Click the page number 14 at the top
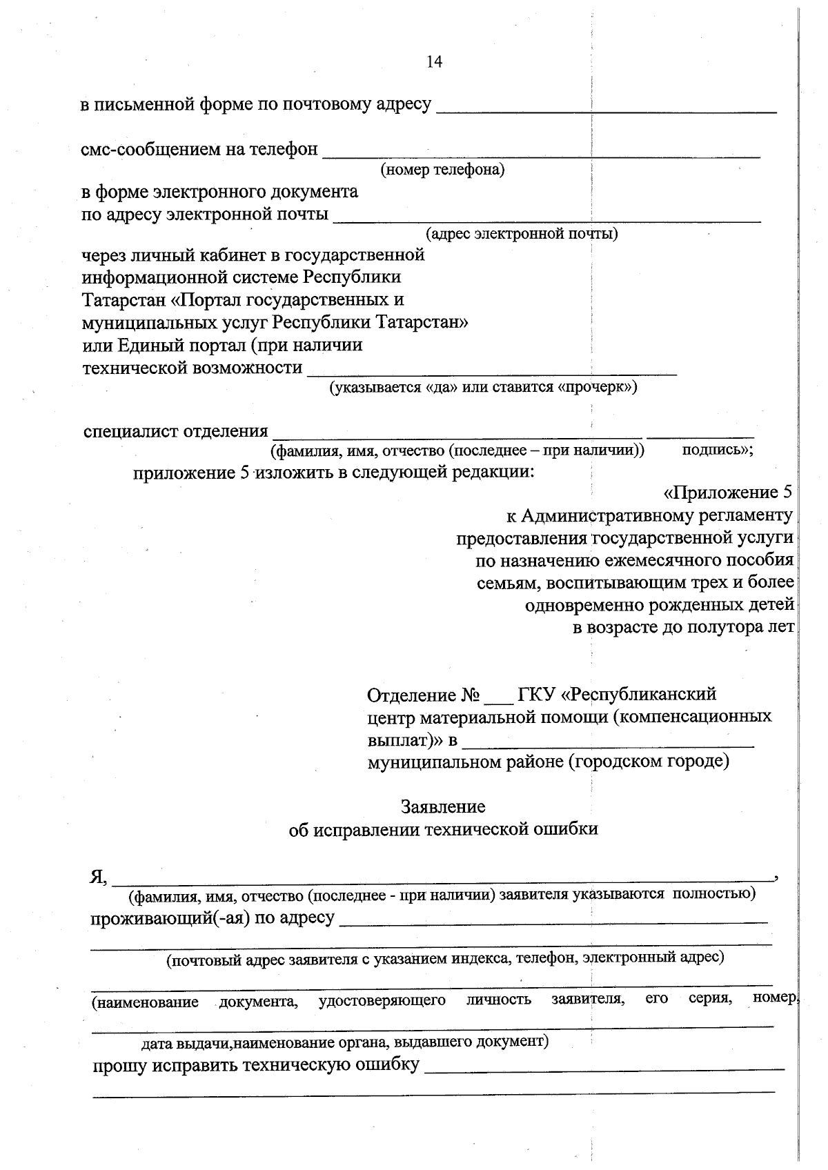coord(434,62)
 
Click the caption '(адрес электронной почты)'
coord(522,234)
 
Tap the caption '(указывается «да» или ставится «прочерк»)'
coord(482,387)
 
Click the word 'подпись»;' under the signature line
coord(717,450)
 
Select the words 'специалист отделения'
coord(175,432)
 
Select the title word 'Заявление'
coord(443,806)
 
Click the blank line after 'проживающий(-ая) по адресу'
coord(553,920)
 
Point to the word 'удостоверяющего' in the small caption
coord(382,1000)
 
